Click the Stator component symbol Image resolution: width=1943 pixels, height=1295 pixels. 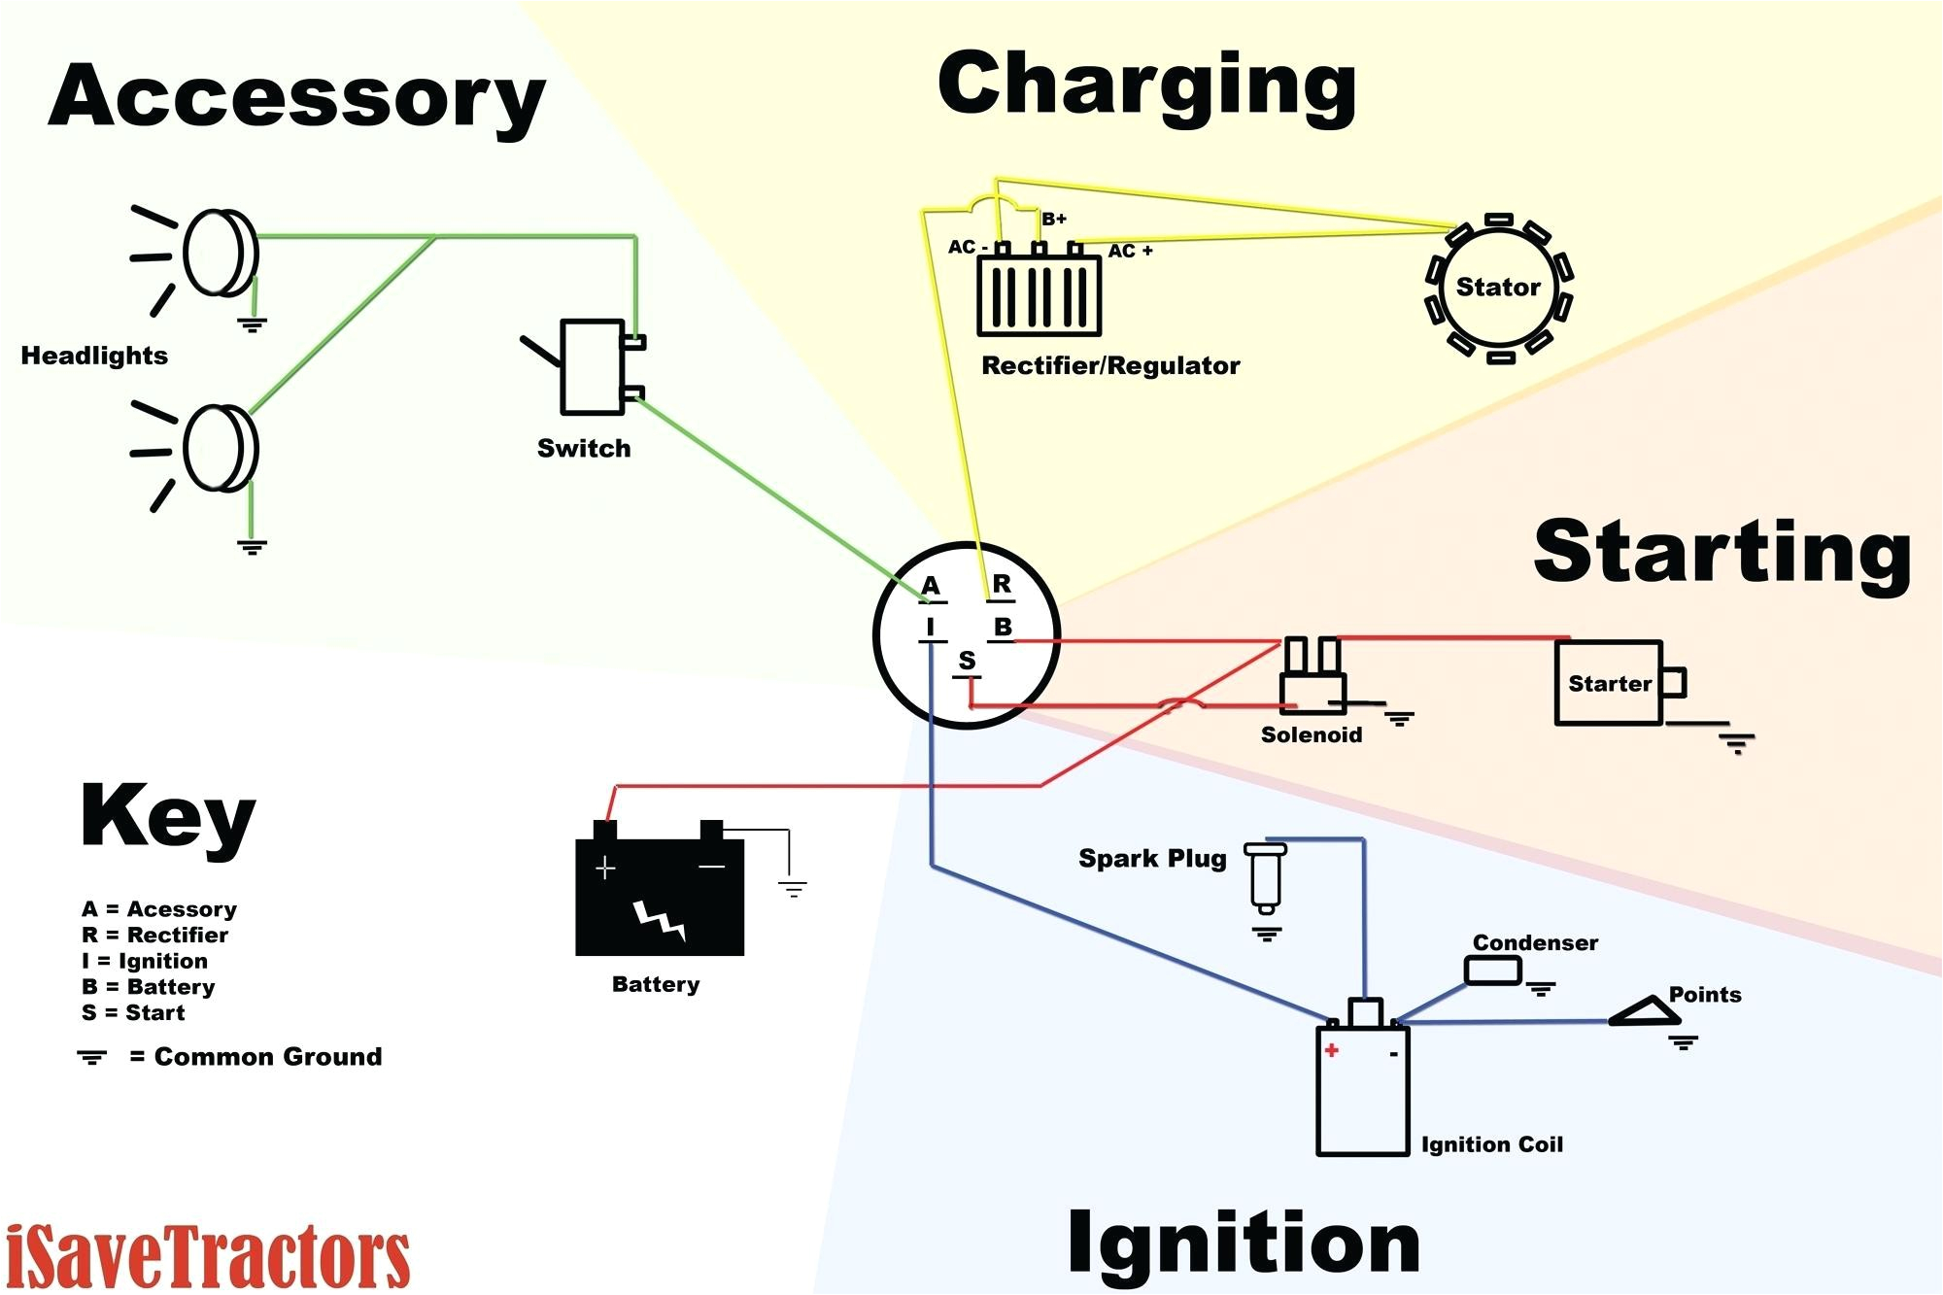(x=1497, y=288)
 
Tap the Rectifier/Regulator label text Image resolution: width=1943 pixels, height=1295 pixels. (x=1110, y=366)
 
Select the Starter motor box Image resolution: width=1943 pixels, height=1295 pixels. (x=1609, y=683)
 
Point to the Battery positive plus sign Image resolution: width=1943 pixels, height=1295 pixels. (x=605, y=868)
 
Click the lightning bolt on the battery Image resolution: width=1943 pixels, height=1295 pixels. (x=660, y=919)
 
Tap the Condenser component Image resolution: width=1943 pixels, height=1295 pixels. (x=1492, y=971)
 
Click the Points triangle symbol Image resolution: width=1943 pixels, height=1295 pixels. (x=1646, y=1012)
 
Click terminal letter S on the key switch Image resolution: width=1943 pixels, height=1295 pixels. (x=967, y=661)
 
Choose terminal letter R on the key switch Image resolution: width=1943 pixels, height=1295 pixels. (x=1002, y=585)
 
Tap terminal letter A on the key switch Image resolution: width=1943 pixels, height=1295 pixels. (x=931, y=586)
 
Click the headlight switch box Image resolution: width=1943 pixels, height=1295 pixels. (x=592, y=367)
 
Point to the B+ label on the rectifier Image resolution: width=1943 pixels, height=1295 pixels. (x=1054, y=220)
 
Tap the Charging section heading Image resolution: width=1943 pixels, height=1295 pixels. (x=1146, y=85)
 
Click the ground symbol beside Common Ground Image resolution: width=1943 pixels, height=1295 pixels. (x=92, y=1057)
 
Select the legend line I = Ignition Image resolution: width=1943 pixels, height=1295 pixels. (x=145, y=961)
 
